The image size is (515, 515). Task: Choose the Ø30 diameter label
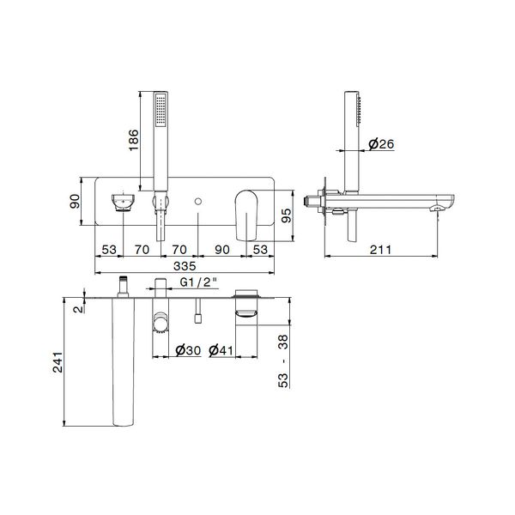(188, 349)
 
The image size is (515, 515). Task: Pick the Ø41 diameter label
(221, 349)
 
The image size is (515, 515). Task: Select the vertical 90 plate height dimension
(75, 202)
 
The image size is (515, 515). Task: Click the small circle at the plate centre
(198, 203)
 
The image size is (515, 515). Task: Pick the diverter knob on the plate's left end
(123, 203)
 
